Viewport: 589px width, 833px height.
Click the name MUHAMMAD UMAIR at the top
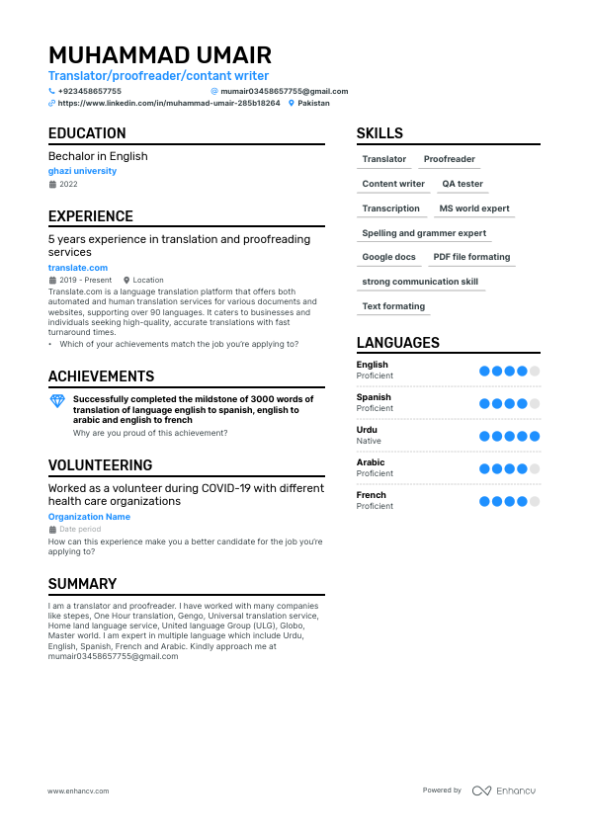pyautogui.click(x=159, y=55)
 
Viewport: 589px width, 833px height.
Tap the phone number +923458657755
pyautogui.click(x=90, y=91)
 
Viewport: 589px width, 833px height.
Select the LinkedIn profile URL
pyautogui.click(x=169, y=103)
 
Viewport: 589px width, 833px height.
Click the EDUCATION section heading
pyautogui.click(x=87, y=133)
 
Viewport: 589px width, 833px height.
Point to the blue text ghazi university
pyautogui.click(x=82, y=171)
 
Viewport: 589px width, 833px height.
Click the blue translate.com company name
pyautogui.click(x=78, y=268)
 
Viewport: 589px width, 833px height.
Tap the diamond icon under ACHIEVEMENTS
pyautogui.click(x=57, y=400)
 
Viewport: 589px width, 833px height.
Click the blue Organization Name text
pyautogui.click(x=89, y=517)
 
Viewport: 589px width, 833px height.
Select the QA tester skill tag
pyautogui.click(x=463, y=184)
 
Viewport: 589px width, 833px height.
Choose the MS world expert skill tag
pyautogui.click(x=474, y=208)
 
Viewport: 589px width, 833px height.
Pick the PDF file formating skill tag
pyautogui.click(x=471, y=257)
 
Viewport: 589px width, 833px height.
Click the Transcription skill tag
pyautogui.click(x=390, y=208)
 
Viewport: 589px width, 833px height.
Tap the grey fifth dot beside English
pyautogui.click(x=535, y=371)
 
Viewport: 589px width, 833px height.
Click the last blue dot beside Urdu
pyautogui.click(x=535, y=436)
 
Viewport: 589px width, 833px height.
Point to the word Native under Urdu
pyautogui.click(x=369, y=441)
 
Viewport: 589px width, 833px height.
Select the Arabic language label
pyautogui.click(x=371, y=462)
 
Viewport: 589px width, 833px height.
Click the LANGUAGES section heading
pyautogui.click(x=398, y=343)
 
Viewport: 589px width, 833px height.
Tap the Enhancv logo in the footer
pyautogui.click(x=504, y=791)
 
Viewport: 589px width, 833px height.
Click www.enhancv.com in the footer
pyautogui.click(x=78, y=791)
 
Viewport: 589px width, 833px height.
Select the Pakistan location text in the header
pyautogui.click(x=313, y=103)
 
